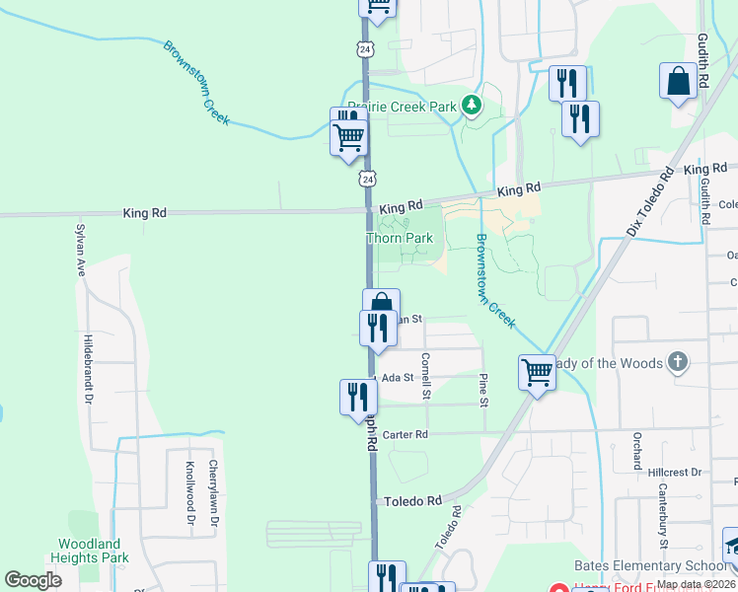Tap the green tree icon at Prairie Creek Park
click(473, 104)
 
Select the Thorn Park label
click(400, 239)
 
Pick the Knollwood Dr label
click(189, 494)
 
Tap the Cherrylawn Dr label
click(212, 494)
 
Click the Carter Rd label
click(406, 434)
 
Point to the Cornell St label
click(426, 376)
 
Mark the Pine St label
click(483, 389)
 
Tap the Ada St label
click(396, 378)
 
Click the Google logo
click(34, 580)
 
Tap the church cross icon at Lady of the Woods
click(677, 362)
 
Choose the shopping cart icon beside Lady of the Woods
click(538, 373)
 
